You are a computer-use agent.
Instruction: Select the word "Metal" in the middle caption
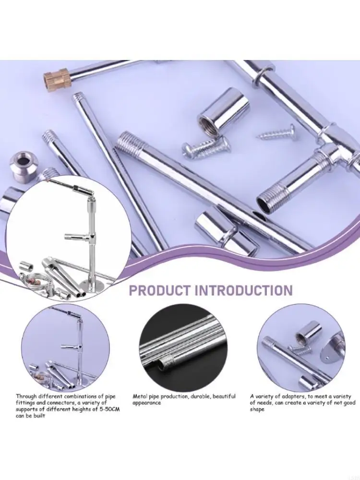[141, 396]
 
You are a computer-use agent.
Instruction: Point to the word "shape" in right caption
[257, 409]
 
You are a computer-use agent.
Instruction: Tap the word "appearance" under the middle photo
[147, 403]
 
